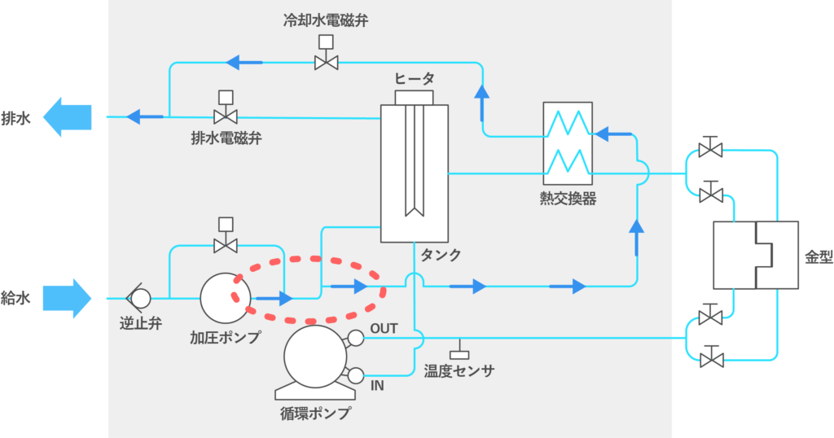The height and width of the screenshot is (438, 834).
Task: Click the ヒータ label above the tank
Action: (x=415, y=78)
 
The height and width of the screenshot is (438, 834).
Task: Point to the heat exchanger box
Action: (x=568, y=143)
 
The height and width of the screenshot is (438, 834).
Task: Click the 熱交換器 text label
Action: (x=568, y=198)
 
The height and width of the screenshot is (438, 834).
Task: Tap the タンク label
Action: (x=441, y=255)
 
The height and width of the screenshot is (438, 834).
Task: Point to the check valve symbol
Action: (x=138, y=298)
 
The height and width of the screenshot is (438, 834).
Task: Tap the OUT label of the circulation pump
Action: (x=384, y=329)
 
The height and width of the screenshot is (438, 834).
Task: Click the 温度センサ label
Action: (x=459, y=371)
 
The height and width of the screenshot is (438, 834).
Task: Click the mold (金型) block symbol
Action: (x=755, y=255)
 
